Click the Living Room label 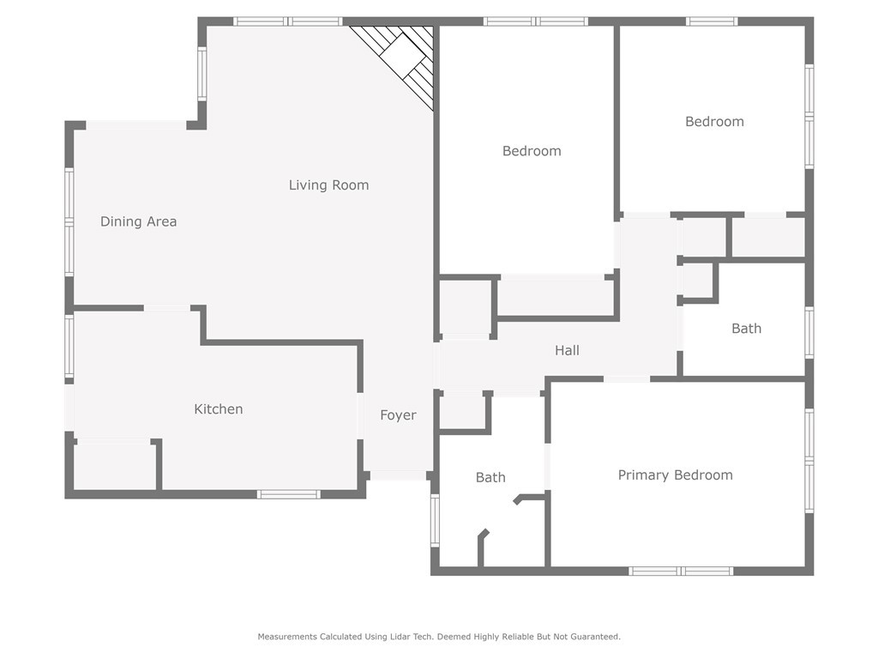click(x=328, y=185)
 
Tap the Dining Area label click(x=138, y=222)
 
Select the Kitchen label click(x=219, y=409)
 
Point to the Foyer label click(x=398, y=415)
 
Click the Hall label click(x=568, y=351)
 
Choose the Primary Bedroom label click(x=676, y=475)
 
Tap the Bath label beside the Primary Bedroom click(x=490, y=477)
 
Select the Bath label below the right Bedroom click(x=747, y=329)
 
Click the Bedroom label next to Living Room click(x=532, y=151)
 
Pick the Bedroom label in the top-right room click(x=714, y=122)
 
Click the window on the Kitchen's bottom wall click(x=288, y=494)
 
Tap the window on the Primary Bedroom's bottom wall click(x=680, y=571)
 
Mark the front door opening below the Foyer click(x=398, y=475)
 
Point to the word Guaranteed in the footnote click(x=595, y=637)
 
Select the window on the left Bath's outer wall click(x=435, y=521)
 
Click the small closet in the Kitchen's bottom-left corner click(x=115, y=466)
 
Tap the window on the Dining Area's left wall click(x=69, y=222)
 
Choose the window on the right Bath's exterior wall click(x=809, y=332)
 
